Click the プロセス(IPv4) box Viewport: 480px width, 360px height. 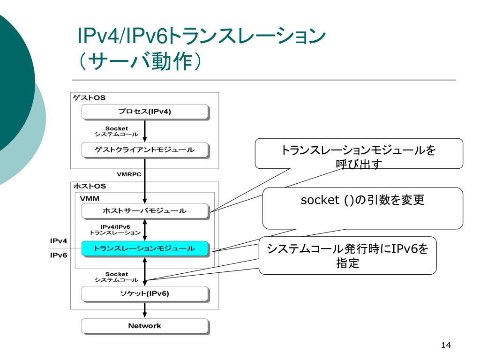tap(145, 112)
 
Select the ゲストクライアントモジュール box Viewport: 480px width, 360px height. tap(145, 150)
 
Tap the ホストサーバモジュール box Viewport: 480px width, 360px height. tap(145, 211)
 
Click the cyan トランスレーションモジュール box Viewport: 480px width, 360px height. tap(145, 248)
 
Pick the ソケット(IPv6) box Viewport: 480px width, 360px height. tap(145, 294)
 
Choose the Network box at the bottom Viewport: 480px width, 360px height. tap(145, 326)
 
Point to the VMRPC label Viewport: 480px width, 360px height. tap(129, 174)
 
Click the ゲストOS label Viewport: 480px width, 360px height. tap(89, 98)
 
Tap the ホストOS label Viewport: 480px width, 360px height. tap(90, 186)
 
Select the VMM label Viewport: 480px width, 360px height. tap(90, 199)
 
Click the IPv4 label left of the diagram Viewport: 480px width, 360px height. tap(59, 241)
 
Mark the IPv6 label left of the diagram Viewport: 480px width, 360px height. tap(59, 255)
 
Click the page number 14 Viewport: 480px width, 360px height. tap(446, 345)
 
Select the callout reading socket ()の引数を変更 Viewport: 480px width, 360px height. tap(363, 208)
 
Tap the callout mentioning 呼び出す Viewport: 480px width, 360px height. tap(359, 154)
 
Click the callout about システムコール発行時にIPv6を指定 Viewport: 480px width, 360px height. tap(348, 255)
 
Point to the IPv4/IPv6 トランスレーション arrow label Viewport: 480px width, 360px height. tap(115, 230)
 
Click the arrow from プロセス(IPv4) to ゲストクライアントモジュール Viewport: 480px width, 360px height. tap(145, 131)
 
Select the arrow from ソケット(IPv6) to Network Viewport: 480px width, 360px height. tap(145, 310)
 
